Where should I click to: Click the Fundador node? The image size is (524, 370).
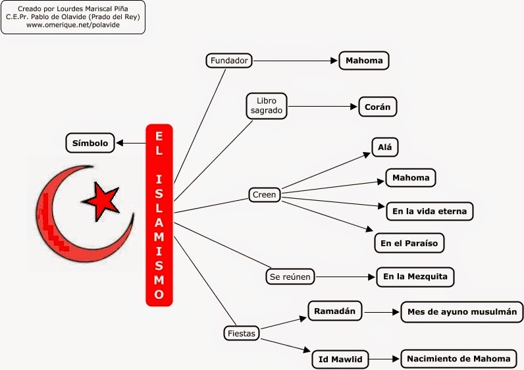pyautogui.click(x=229, y=61)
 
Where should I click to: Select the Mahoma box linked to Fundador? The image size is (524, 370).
pyautogui.click(x=363, y=61)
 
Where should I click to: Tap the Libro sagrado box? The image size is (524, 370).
pyautogui.click(x=267, y=105)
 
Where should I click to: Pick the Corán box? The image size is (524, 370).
pyautogui.click(x=378, y=106)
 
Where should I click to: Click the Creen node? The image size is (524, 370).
pyautogui.click(x=265, y=195)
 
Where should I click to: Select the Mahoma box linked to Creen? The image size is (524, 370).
pyautogui.click(x=410, y=178)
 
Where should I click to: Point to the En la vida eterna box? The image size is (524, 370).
pyautogui.click(x=429, y=211)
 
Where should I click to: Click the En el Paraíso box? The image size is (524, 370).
pyautogui.click(x=409, y=243)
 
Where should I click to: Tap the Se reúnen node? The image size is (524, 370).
pyautogui.click(x=290, y=277)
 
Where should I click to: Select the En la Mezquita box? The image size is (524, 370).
pyautogui.click(x=415, y=277)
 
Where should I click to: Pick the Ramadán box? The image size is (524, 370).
pyautogui.click(x=335, y=311)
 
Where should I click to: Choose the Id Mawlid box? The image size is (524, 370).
pyautogui.click(x=340, y=359)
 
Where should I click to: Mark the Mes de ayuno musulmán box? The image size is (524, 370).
pyautogui.click(x=462, y=311)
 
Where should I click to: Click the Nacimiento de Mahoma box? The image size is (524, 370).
pyautogui.click(x=458, y=359)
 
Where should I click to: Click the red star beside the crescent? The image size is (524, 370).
pyautogui.click(x=101, y=200)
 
